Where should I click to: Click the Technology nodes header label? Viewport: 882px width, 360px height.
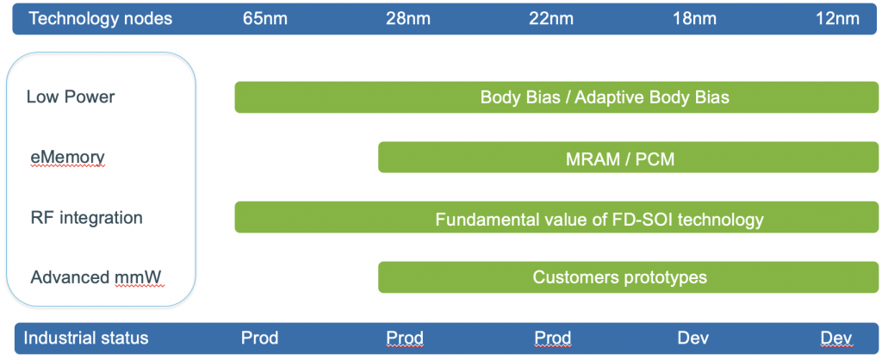[x=101, y=19]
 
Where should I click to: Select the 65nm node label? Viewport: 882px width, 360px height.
[x=265, y=19]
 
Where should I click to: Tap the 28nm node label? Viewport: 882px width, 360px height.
[x=408, y=19]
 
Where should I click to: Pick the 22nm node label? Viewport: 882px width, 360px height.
[x=551, y=19]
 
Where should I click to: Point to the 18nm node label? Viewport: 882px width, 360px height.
[x=695, y=19]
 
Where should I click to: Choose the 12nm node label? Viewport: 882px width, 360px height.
[x=837, y=19]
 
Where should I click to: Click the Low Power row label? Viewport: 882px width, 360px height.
[x=71, y=96]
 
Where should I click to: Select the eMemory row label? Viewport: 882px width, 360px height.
[x=67, y=158]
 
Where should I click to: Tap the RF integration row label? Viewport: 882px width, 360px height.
[x=86, y=218]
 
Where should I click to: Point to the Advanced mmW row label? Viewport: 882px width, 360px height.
[x=97, y=278]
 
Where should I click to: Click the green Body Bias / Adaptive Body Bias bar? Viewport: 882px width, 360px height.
[x=556, y=97]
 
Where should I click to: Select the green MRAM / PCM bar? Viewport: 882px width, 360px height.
[x=628, y=158]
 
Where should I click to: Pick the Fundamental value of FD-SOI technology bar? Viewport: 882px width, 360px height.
[x=556, y=217]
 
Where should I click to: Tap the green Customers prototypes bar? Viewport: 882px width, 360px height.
[x=628, y=277]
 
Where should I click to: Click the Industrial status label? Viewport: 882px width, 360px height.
[x=85, y=338]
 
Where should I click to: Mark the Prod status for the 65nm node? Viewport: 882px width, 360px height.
[x=260, y=338]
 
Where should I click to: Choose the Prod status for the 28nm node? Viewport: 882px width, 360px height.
[x=405, y=338]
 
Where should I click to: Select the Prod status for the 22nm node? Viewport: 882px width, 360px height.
[x=552, y=338]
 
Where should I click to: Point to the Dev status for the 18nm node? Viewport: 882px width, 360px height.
[x=693, y=338]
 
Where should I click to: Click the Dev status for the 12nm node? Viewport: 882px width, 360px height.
[x=836, y=338]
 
